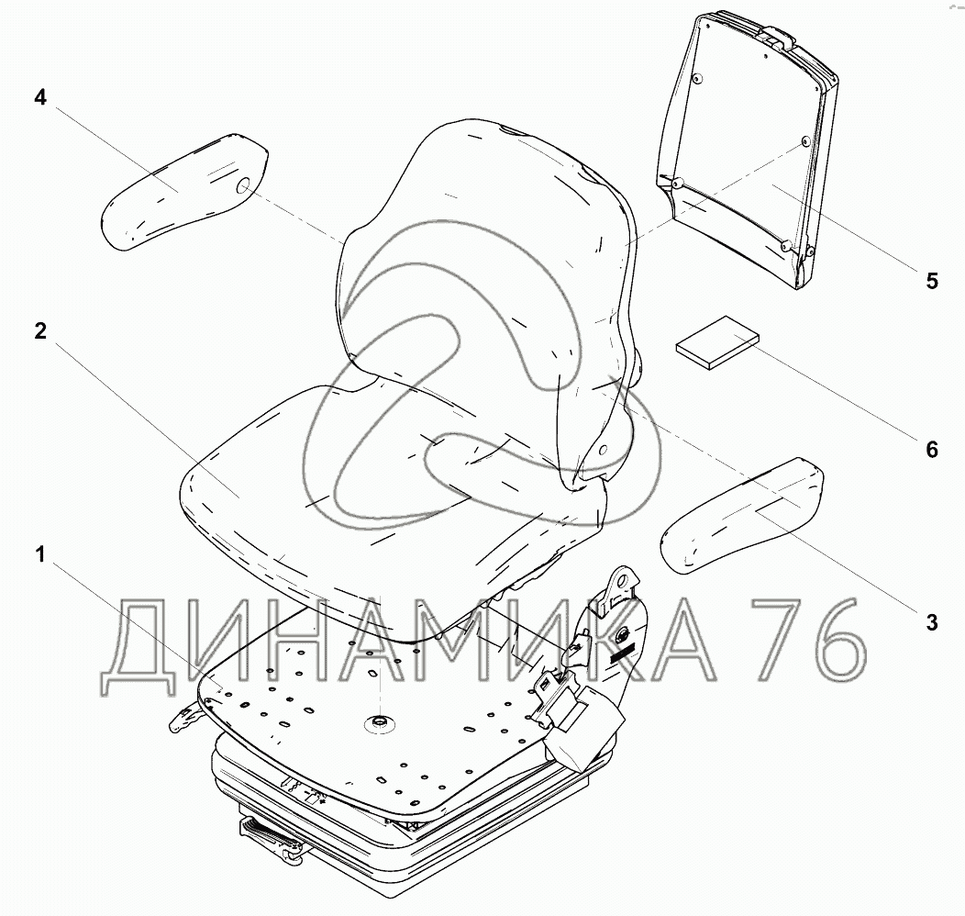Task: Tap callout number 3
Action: click(x=931, y=623)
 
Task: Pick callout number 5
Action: click(x=931, y=281)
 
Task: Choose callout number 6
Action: click(x=931, y=449)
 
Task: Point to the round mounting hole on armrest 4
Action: click(x=244, y=188)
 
